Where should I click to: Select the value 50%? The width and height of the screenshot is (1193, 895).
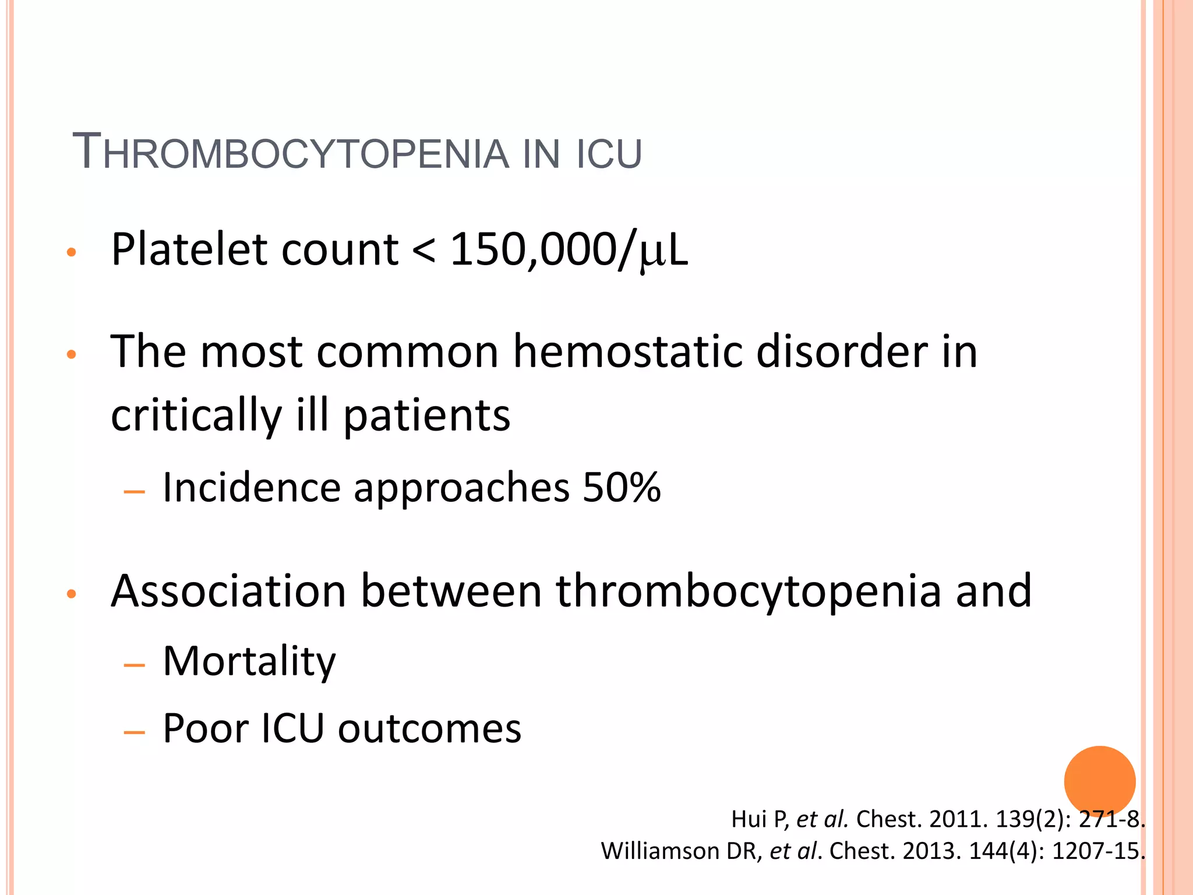(x=622, y=487)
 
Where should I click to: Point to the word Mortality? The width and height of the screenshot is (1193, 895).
(x=249, y=661)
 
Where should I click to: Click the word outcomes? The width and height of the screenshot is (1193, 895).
(x=429, y=728)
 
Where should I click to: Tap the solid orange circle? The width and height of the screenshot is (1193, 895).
(x=1099, y=782)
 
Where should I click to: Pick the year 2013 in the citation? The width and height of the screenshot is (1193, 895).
(x=931, y=851)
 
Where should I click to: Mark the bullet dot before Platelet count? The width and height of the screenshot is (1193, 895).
(x=72, y=252)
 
